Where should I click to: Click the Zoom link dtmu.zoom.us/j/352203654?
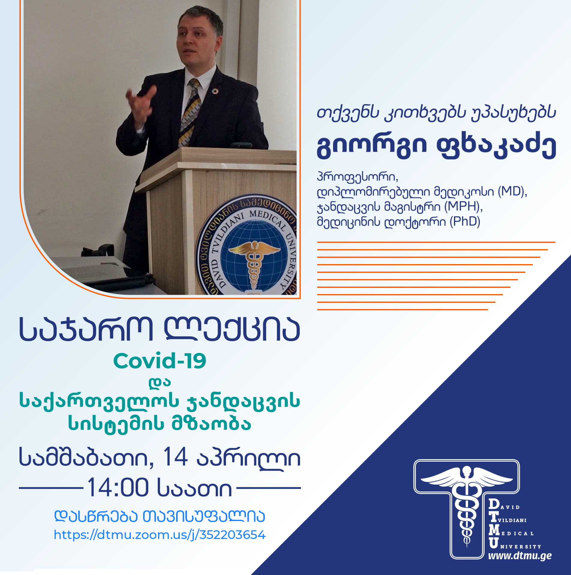tap(160, 535)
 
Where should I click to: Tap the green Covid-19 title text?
tap(160, 361)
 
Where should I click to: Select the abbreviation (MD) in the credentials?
tap(512, 191)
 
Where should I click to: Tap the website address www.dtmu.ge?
tap(520, 556)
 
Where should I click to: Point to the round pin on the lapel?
tap(215, 91)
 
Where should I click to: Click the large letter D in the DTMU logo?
tap(494, 504)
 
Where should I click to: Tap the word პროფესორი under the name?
tap(357, 177)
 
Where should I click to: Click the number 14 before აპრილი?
tap(175, 457)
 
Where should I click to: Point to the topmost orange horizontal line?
tap(436, 242)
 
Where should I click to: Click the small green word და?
tap(160, 383)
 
